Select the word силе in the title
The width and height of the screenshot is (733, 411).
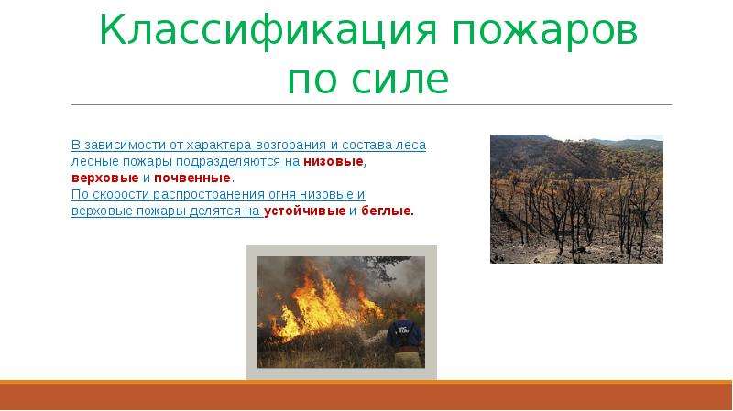[x=399, y=81]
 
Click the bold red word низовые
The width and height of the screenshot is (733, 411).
[x=334, y=162]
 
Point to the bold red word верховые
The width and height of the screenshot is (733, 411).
[x=105, y=178]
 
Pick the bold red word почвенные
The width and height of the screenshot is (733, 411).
[x=192, y=178]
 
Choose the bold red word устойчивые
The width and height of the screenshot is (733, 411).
[x=305, y=211]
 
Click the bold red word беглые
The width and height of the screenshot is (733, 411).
[x=386, y=211]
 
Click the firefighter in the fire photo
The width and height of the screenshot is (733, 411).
[x=404, y=337]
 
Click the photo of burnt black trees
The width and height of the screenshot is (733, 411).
[x=576, y=199]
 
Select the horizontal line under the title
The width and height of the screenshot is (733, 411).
[x=372, y=104]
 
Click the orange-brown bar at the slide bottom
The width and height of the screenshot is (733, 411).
[x=366, y=395]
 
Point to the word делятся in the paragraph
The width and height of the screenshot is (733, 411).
[x=215, y=211]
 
